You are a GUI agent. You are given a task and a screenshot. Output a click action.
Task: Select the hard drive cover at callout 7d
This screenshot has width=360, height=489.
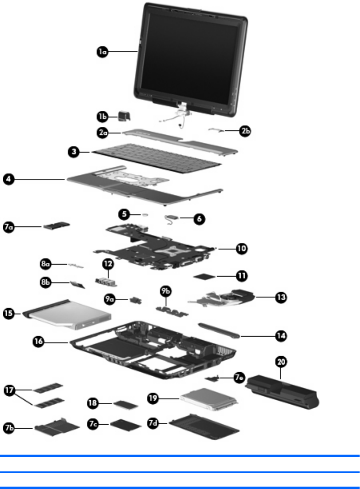click(204, 429)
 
